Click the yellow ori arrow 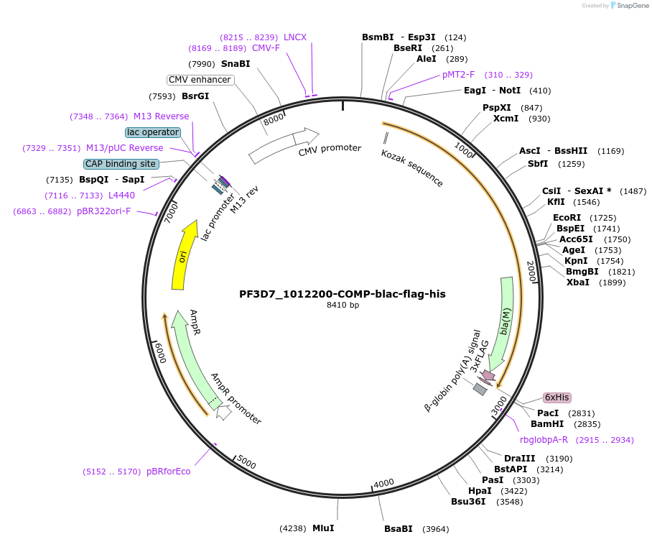coord(184,256)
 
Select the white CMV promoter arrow coord(283,145)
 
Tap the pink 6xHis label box coord(556,398)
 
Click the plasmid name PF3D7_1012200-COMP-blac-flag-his coord(343,293)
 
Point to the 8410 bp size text coord(343,305)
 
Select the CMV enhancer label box coord(200,80)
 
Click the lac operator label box coord(152,132)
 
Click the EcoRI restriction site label coord(567,217)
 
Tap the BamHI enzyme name coord(547,424)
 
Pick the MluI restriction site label coord(323,528)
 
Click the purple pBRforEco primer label coord(169,472)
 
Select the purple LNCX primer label coord(295,37)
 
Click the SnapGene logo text coord(630,5)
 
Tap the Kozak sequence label coord(412,168)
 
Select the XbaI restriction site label coord(577,283)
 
